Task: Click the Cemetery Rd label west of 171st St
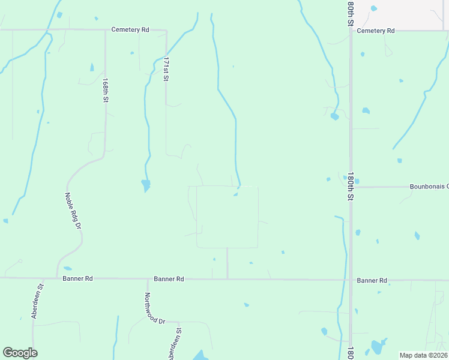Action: [130, 29]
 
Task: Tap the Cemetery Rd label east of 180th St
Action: [375, 31]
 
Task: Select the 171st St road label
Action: [167, 70]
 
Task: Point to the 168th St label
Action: [105, 90]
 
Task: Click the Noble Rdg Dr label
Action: [72, 211]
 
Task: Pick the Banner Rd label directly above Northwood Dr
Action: [169, 279]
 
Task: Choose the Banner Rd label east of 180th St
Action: [372, 280]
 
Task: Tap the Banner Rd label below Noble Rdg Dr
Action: [78, 279]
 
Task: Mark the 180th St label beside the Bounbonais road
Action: [349, 186]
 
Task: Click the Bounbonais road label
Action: [429, 187]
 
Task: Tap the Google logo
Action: [20, 353]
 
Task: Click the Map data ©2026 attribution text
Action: [424, 355]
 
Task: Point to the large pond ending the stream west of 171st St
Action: [145, 185]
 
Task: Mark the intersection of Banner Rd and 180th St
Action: [351, 280]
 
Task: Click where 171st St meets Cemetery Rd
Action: [166, 29]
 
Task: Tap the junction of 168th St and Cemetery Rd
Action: [106, 29]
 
